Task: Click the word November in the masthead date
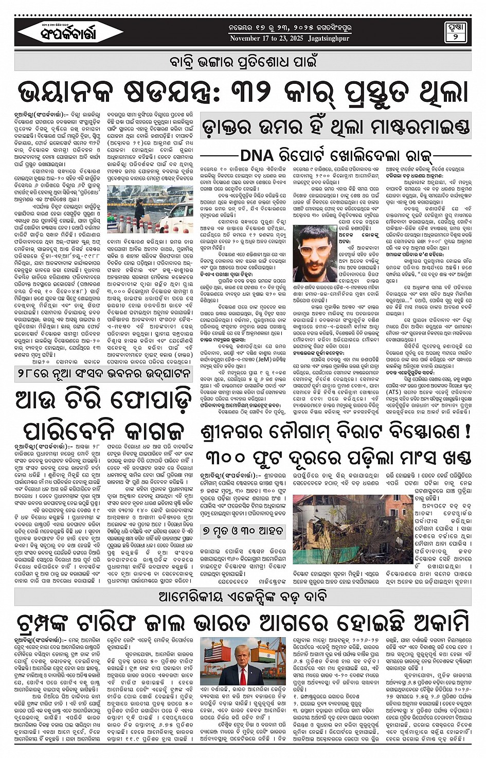pyautogui.click(x=245, y=39)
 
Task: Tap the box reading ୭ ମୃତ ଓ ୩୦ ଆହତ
pyautogui.click(x=242, y=530)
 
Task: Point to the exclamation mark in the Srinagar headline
pyautogui.click(x=467, y=431)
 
